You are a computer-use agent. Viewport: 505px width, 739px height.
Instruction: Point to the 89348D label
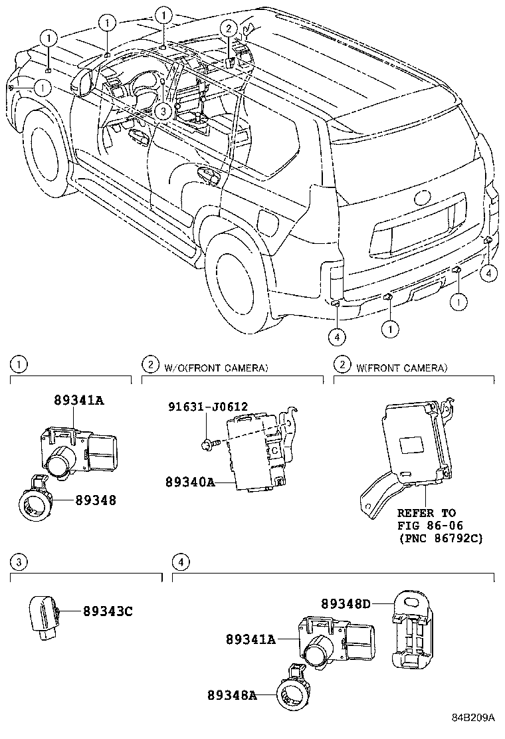click(x=346, y=603)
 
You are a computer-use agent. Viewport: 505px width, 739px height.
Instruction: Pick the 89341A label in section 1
click(x=79, y=400)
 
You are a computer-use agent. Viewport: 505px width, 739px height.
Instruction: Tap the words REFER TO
click(x=426, y=512)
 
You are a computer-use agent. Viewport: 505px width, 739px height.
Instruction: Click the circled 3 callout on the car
click(x=165, y=111)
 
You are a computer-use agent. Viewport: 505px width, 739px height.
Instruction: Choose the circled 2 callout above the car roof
click(x=229, y=28)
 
